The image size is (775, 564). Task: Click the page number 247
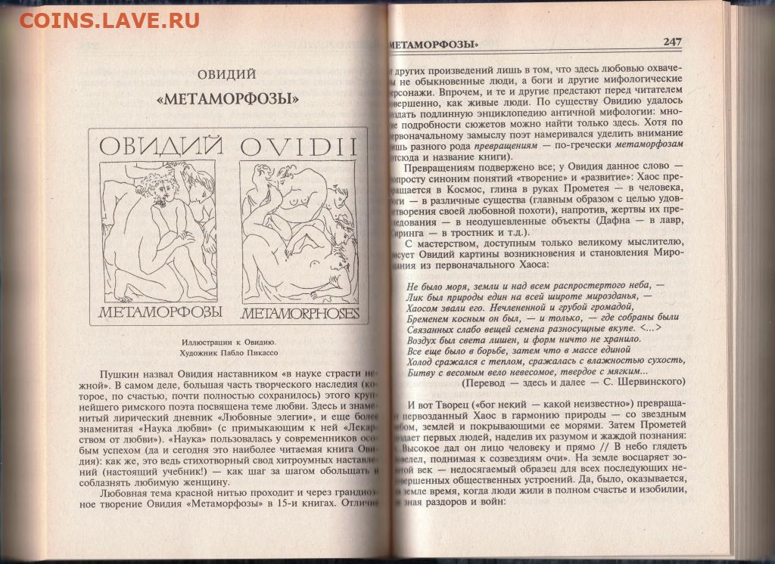coord(674,42)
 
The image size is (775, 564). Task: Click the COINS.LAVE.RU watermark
coord(109,20)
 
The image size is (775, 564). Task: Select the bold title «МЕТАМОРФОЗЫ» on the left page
coord(226,98)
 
